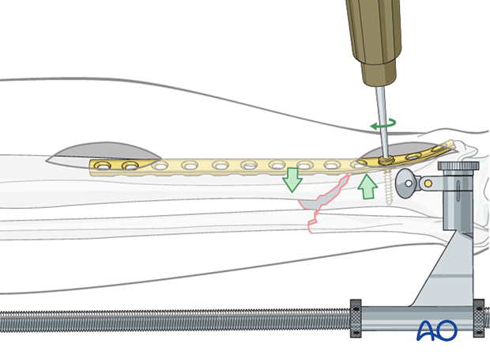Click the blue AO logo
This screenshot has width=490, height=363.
tap(437, 331)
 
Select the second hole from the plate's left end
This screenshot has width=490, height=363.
tap(128, 166)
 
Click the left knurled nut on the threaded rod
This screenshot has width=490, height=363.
tap(356, 318)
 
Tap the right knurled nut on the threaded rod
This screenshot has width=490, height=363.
tap(478, 318)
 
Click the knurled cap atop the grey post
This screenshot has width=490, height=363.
tap(459, 167)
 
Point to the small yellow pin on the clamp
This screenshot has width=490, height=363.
tap(428, 183)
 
